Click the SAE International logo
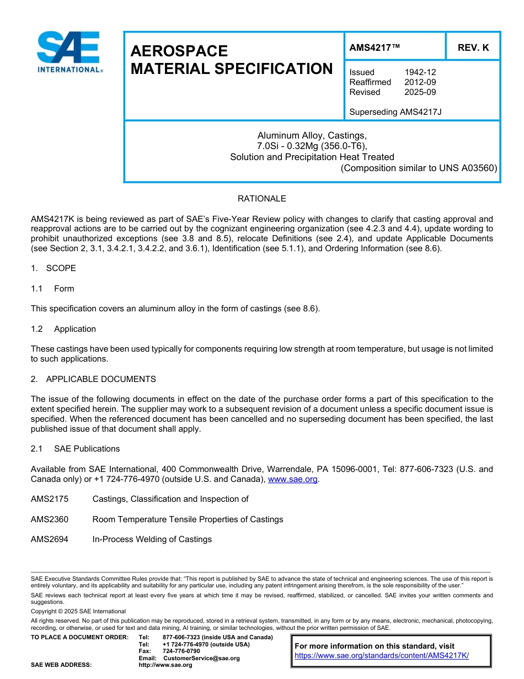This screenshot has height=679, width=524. (69, 52)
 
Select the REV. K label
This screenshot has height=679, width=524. (473, 48)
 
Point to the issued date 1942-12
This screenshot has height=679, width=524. (420, 72)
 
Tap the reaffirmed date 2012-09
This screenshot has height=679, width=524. (420, 82)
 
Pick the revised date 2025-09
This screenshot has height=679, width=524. (420, 92)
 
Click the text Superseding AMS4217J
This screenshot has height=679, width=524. (395, 112)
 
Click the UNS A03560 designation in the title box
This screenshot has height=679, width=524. (468, 168)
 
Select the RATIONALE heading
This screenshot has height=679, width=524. (261, 199)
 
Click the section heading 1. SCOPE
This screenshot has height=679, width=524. (54, 268)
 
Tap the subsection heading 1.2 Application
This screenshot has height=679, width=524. (64, 329)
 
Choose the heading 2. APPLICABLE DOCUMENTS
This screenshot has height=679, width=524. (94, 379)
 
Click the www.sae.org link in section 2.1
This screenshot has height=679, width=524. (292, 479)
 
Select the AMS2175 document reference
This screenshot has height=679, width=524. (50, 499)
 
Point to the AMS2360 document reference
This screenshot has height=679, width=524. (50, 519)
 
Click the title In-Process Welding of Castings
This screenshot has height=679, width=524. (152, 539)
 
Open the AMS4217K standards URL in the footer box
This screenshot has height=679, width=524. (382, 655)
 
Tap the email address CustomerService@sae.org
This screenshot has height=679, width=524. (201, 658)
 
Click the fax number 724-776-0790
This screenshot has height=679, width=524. (181, 651)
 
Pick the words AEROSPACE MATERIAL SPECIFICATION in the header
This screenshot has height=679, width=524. (231, 60)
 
